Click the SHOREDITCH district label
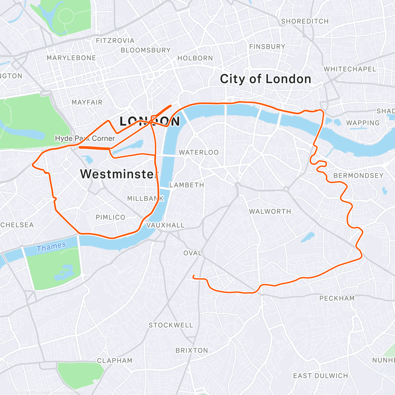click(x=305, y=21)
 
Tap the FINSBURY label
click(x=267, y=47)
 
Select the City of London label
click(x=265, y=79)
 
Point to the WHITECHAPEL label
click(x=350, y=69)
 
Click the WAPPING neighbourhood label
click(x=363, y=123)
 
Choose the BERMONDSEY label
click(x=358, y=175)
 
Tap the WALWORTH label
click(x=270, y=211)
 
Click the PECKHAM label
click(x=337, y=298)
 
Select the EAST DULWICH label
click(x=320, y=376)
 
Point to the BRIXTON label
click(x=192, y=350)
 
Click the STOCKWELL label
click(x=171, y=325)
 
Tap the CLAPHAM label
click(x=115, y=360)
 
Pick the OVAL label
click(x=193, y=253)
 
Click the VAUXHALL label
click(x=165, y=225)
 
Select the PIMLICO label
click(x=110, y=217)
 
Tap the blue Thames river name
click(x=51, y=247)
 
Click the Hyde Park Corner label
click(x=85, y=138)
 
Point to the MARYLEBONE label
click(x=71, y=58)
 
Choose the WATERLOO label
click(x=198, y=152)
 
